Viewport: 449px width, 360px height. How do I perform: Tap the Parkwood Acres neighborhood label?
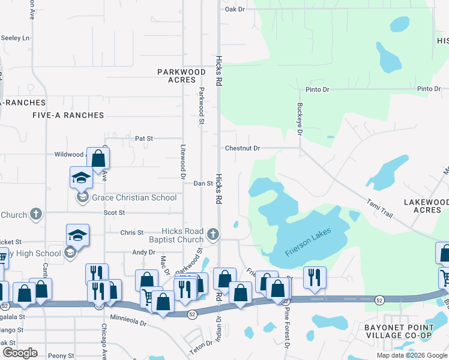181,76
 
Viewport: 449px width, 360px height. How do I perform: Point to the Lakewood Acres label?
426,206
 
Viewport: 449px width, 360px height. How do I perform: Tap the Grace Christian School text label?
134,197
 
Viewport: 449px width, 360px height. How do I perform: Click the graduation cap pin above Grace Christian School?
81,178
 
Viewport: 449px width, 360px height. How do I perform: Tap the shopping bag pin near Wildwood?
98,158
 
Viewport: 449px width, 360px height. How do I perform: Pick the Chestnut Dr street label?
243,148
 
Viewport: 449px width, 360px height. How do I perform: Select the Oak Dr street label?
235,10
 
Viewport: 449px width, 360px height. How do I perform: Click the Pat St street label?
144,138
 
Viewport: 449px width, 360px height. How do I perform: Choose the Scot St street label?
114,212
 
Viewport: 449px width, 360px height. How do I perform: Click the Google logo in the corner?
19,353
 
